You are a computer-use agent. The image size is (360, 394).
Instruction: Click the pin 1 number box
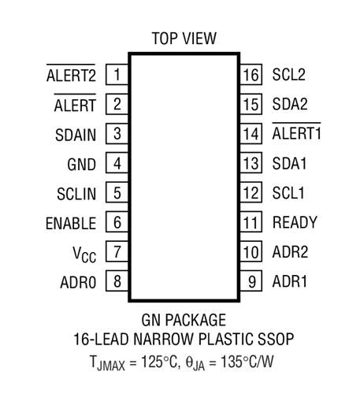click(x=117, y=74)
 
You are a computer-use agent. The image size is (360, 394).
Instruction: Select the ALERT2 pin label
click(x=71, y=73)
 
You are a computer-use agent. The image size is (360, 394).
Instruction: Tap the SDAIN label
click(x=76, y=135)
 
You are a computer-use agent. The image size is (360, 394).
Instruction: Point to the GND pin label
click(x=82, y=165)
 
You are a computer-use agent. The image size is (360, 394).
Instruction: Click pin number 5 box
click(x=117, y=192)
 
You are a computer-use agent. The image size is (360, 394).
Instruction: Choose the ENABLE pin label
click(x=71, y=224)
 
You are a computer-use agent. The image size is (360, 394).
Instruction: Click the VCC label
click(x=84, y=255)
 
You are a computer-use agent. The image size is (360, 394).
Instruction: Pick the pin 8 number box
click(x=117, y=281)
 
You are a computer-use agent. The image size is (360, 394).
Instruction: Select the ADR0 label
click(x=78, y=283)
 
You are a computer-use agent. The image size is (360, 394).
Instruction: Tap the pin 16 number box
click(x=251, y=74)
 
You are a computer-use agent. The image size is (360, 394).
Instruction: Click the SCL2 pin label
click(x=289, y=75)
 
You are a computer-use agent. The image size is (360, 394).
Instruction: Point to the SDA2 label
click(x=290, y=104)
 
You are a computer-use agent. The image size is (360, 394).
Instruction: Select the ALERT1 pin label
click(x=297, y=132)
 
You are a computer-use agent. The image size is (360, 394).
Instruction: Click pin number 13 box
click(x=251, y=163)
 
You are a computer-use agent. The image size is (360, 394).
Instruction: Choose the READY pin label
click(x=295, y=222)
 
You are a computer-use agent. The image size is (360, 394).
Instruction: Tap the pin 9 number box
click(x=251, y=281)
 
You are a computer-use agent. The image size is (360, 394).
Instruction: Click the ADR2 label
click(x=291, y=252)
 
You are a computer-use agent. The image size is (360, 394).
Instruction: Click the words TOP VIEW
click(x=184, y=39)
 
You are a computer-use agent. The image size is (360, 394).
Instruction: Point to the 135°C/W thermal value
click(x=247, y=362)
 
